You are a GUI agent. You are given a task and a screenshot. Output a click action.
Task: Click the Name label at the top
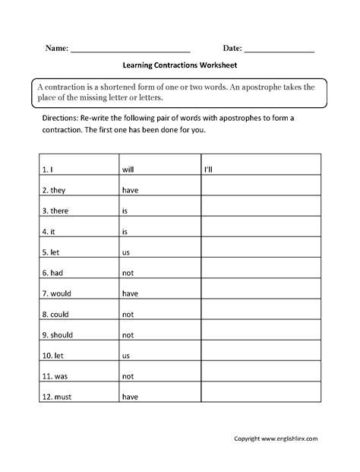[56, 47]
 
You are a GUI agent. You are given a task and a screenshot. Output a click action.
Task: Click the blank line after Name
[129, 50]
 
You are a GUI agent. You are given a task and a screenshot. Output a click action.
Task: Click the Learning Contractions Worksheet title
[179, 65]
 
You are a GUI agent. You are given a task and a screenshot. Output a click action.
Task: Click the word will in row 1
[128, 169]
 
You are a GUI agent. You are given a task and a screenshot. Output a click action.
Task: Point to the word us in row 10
[125, 354]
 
